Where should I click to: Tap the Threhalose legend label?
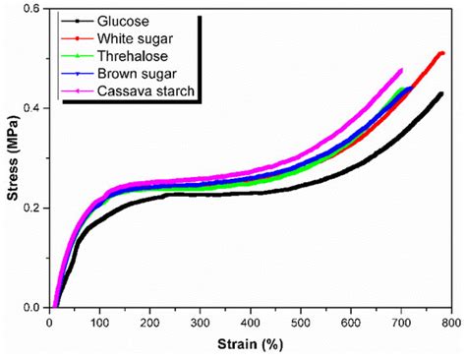[131, 56]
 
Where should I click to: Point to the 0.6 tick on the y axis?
[32, 8]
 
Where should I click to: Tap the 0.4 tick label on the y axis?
[32, 107]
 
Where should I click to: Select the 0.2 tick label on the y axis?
[32, 208]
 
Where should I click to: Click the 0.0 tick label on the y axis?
[32, 307]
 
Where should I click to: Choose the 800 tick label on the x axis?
[451, 322]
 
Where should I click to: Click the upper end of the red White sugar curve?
[442, 53]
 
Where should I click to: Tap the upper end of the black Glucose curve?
[441, 94]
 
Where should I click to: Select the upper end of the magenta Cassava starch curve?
[401, 70]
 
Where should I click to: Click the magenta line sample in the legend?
[78, 91]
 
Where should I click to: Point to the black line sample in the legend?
[78, 21]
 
